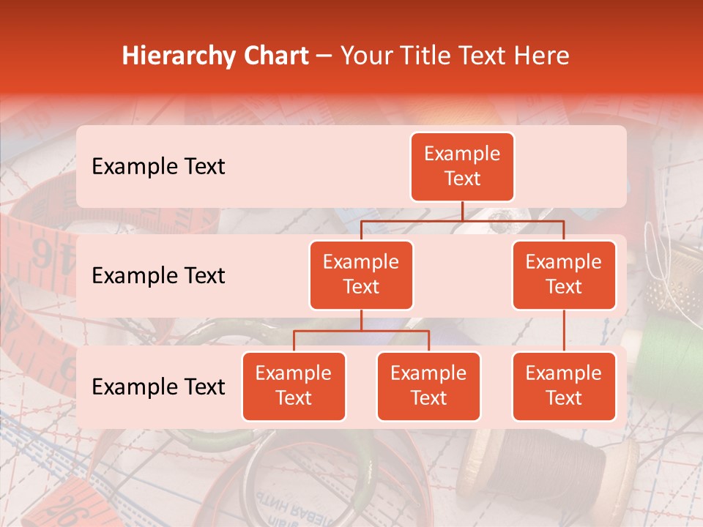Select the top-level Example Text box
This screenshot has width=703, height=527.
click(462, 167)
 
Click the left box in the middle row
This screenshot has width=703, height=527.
click(361, 274)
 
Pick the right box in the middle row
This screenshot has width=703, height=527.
click(564, 274)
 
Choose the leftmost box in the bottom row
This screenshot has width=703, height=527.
click(294, 386)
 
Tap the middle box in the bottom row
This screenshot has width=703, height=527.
click(428, 386)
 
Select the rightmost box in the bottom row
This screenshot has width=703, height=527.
click(564, 386)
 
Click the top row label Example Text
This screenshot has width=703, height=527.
click(158, 167)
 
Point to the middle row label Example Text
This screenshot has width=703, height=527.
click(158, 276)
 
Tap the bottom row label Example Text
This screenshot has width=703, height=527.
click(158, 387)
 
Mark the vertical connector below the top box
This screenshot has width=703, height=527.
click(462, 211)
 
